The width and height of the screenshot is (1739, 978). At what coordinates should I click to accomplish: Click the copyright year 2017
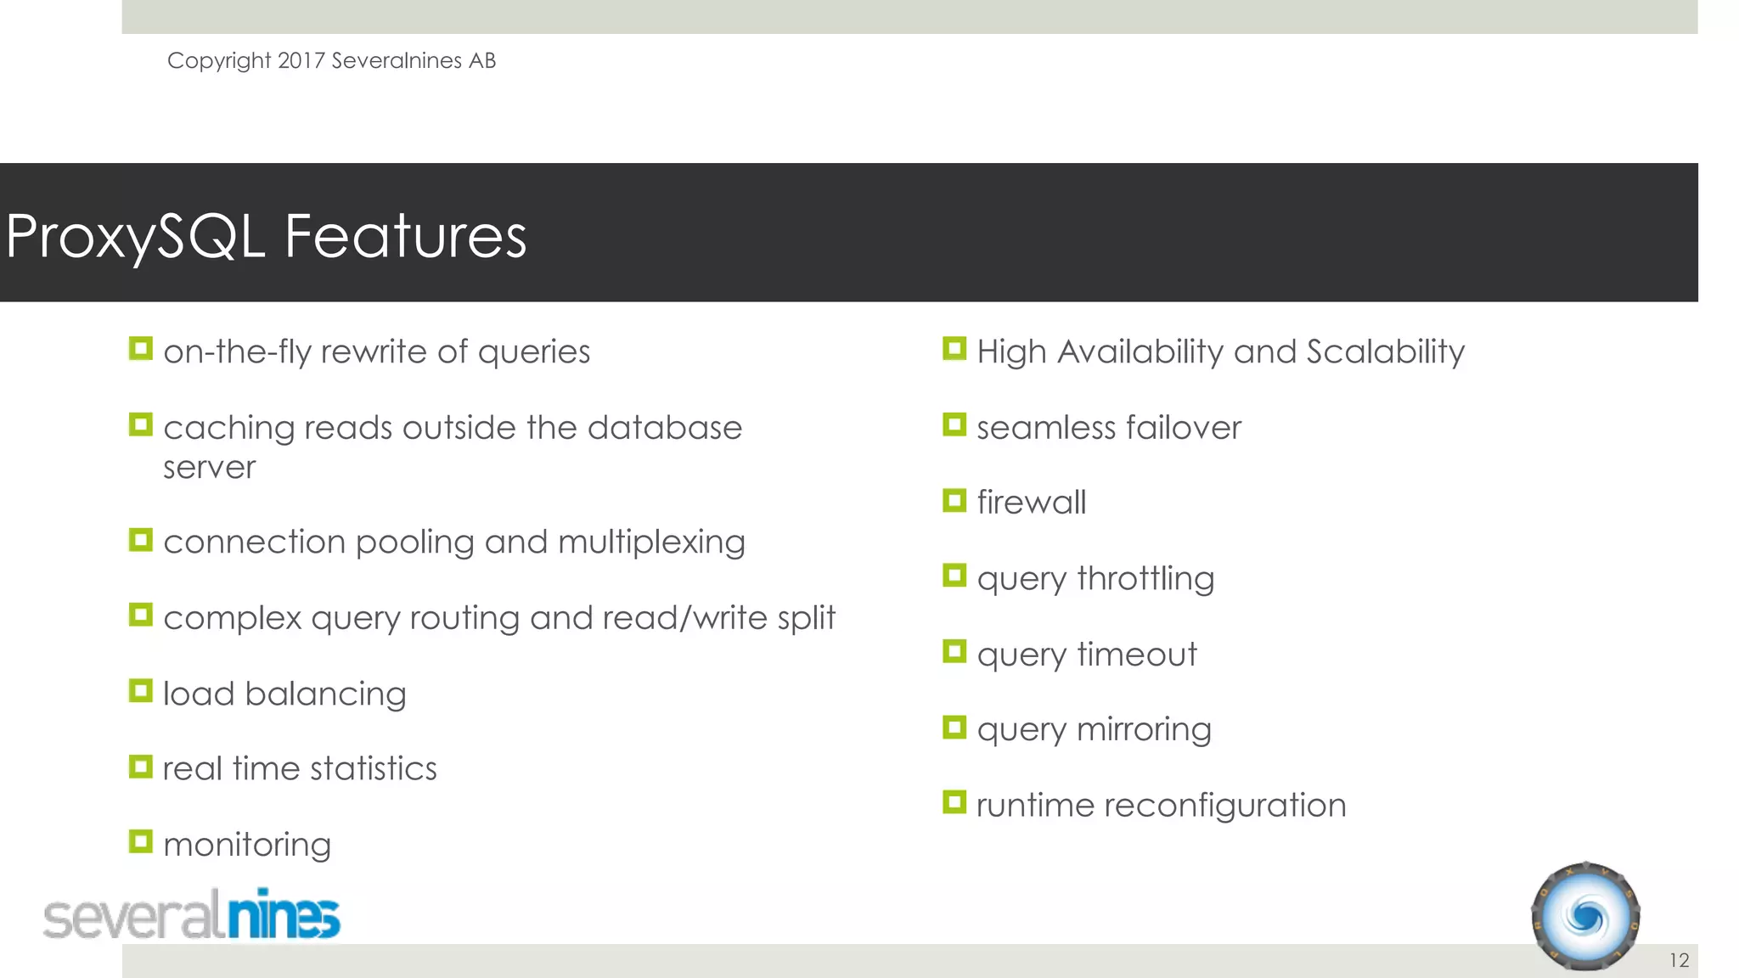coord(301,61)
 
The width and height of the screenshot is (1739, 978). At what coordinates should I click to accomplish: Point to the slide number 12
coord(1679,960)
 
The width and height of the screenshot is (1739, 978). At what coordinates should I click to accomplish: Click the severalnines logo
coord(192,916)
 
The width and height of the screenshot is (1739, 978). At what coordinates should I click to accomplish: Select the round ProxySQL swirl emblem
coord(1585,917)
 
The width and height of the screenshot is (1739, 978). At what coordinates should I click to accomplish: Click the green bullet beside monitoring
coord(141,841)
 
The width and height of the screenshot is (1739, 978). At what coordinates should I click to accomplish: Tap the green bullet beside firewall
coord(954,500)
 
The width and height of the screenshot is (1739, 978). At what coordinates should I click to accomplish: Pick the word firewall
coord(1031,503)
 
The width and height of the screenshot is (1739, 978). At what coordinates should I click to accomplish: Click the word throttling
coord(1145,579)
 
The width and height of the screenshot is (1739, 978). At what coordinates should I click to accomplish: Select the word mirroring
coord(1144,729)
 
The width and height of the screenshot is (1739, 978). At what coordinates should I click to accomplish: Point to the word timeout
coord(1137,655)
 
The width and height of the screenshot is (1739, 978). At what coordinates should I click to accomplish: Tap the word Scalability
coord(1386,352)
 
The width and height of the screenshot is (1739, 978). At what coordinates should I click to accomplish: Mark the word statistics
coord(374,769)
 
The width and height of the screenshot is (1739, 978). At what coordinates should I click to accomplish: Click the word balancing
coord(325,694)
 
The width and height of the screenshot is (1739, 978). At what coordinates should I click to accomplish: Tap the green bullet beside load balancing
coord(141,690)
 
